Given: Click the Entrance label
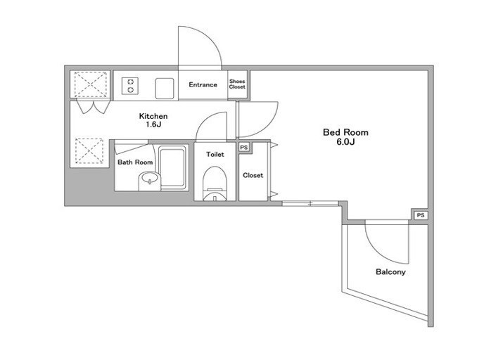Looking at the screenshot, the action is (x=203, y=84).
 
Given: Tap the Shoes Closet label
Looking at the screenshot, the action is (x=237, y=84).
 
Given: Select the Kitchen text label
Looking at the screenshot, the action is (x=153, y=116).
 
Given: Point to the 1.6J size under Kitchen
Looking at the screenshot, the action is (x=154, y=124).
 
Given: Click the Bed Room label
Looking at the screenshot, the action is (x=345, y=132).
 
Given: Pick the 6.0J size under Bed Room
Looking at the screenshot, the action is (x=345, y=142).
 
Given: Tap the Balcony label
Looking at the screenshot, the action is (x=390, y=272).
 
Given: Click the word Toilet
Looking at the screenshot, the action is (x=215, y=154).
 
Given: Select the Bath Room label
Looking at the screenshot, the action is (x=135, y=162).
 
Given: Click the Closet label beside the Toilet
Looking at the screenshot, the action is (x=253, y=175).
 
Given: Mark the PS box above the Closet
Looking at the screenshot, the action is (x=244, y=148).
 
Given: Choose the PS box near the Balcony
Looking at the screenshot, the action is (x=421, y=215).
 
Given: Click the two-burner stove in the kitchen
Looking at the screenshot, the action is (x=130, y=86).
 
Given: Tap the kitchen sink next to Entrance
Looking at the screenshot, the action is (x=165, y=88).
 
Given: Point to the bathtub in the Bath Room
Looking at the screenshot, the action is (x=173, y=168).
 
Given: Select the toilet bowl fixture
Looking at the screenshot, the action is (x=215, y=184).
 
